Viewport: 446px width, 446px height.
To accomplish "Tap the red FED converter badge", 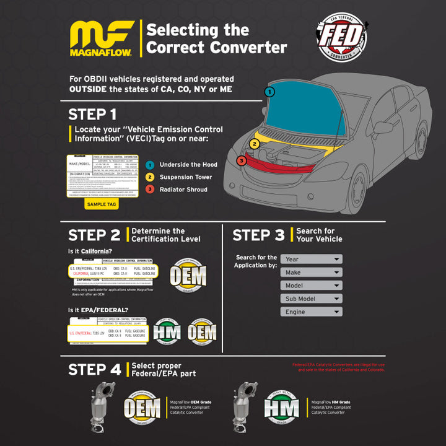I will [341, 39].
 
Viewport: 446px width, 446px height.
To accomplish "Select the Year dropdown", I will [311, 260].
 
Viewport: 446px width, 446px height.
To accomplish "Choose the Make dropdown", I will [311, 273].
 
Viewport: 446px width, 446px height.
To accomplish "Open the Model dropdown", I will [311, 286].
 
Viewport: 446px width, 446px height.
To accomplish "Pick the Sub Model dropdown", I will [311, 299].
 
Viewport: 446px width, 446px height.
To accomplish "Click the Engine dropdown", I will [311, 312].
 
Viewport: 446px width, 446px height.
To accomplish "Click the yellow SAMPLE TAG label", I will [101, 204].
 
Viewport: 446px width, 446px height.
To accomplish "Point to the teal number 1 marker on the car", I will [269, 92].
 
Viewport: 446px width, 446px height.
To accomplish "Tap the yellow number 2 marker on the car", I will [254, 144].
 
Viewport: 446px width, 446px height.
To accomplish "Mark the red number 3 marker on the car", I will [242, 161].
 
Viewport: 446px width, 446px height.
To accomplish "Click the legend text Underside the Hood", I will [188, 165].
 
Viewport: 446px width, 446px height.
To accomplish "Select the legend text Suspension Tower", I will [186, 177].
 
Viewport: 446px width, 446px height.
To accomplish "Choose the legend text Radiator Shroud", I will [183, 190].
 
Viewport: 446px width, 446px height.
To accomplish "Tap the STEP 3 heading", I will [258, 235].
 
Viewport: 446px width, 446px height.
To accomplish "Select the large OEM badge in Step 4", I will [142, 408].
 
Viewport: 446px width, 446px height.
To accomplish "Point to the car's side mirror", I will [382, 128].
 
